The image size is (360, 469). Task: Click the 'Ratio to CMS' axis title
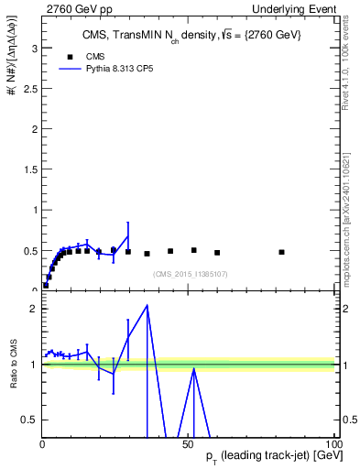14,363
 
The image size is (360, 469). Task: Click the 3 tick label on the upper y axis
34,48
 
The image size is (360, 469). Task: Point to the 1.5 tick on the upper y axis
30,169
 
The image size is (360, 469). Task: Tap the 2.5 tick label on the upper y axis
30,88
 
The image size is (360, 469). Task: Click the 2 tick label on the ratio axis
34,309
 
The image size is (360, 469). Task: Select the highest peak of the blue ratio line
147,305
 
